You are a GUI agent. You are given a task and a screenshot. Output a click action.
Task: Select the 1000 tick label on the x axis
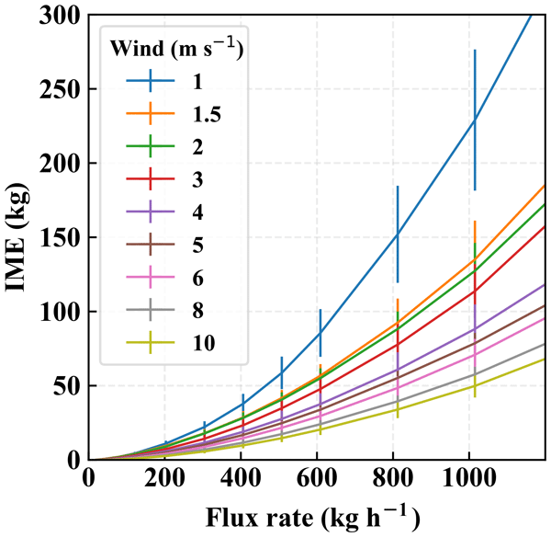pyautogui.click(x=471, y=478)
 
